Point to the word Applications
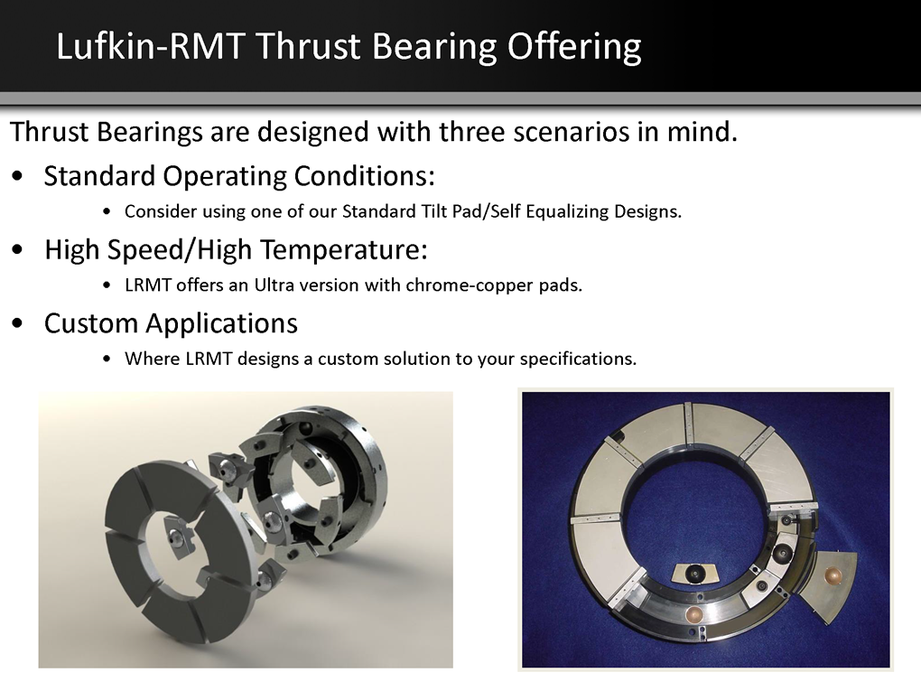[221, 323]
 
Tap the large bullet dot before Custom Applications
[18, 323]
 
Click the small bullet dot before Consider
[107, 211]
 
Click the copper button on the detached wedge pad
[833, 574]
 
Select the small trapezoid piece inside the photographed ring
[693, 573]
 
